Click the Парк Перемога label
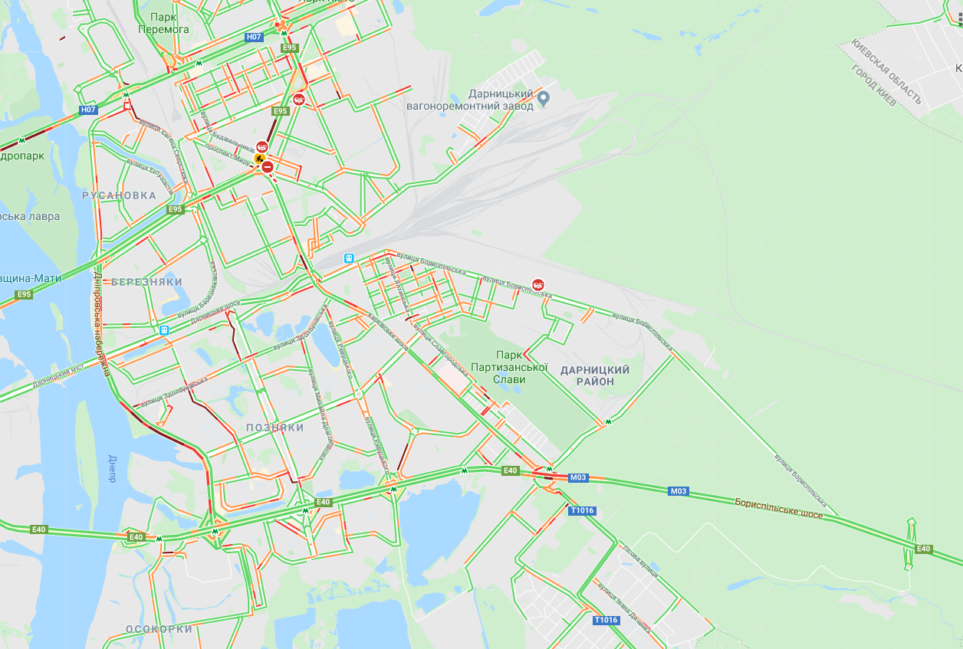click(163, 23)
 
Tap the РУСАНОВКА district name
click(119, 195)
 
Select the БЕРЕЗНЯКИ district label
click(146, 282)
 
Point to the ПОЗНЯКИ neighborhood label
click(275, 428)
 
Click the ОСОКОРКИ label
click(159, 629)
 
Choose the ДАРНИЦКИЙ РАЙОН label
click(595, 375)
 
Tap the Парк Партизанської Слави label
click(521, 367)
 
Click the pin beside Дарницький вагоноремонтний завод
click(544, 97)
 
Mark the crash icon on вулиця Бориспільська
click(538, 285)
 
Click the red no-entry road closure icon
click(268, 166)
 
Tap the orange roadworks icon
click(259, 159)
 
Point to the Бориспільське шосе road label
click(778, 509)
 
